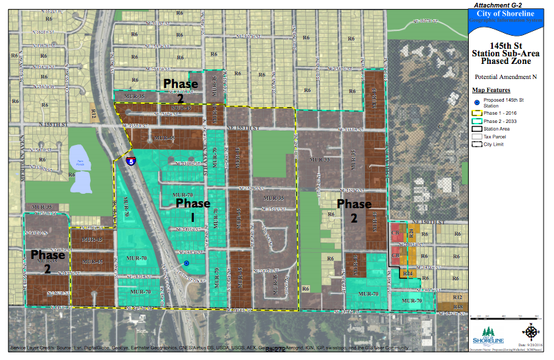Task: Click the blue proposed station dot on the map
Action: pos(186,263)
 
